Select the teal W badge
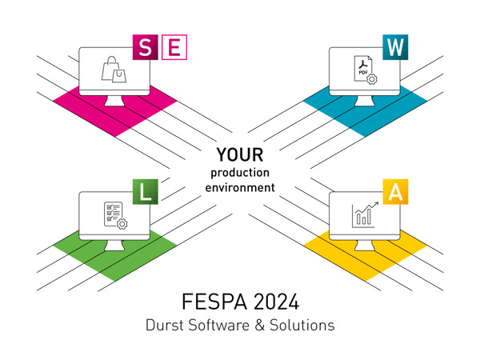tap(395, 46)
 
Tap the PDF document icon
tap(365, 71)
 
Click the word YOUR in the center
tap(240, 154)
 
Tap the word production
tap(240, 173)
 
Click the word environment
tap(240, 187)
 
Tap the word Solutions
tap(301, 326)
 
